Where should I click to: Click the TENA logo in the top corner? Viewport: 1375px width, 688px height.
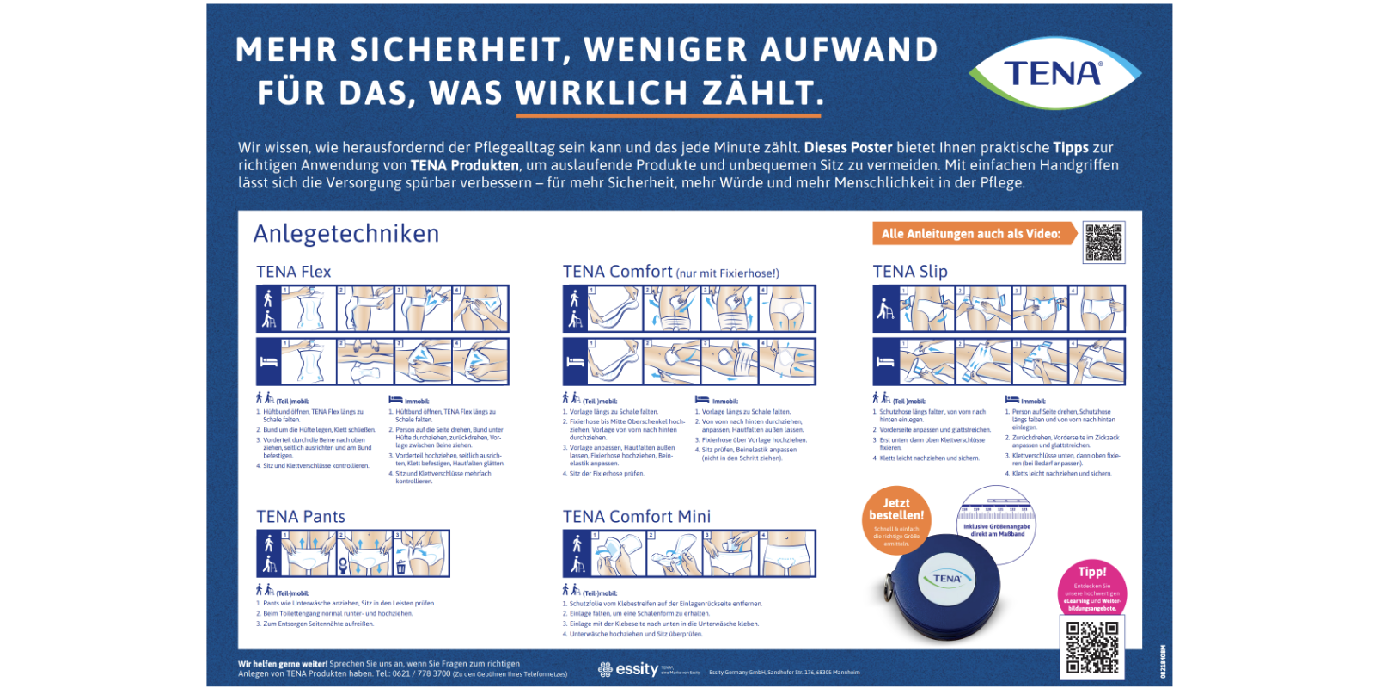click(1054, 73)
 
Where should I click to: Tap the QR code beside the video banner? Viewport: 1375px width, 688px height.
click(1103, 242)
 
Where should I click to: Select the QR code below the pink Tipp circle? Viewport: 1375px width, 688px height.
click(1092, 648)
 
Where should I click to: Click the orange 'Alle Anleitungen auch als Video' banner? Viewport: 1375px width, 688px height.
click(974, 234)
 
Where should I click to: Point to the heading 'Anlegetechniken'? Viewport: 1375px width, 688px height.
click(346, 234)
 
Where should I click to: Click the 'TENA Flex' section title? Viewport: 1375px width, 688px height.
click(293, 272)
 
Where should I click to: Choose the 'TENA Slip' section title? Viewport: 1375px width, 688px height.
click(910, 272)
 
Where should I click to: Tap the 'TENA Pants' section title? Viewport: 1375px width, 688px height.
click(301, 517)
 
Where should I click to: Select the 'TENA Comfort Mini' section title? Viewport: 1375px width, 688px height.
click(637, 517)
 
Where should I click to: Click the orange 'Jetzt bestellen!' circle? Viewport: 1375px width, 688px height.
click(896, 519)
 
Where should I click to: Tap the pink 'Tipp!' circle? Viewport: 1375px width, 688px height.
click(1092, 590)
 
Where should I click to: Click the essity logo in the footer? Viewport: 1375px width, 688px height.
click(629, 669)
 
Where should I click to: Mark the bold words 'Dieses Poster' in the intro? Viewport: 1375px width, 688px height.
click(848, 148)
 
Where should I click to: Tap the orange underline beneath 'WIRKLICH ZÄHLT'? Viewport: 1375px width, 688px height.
click(669, 114)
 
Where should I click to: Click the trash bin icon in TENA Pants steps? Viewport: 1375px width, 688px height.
click(400, 568)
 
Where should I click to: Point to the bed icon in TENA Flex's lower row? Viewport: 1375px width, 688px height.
click(268, 362)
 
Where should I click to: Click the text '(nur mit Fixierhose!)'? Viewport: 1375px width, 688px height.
click(728, 273)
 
